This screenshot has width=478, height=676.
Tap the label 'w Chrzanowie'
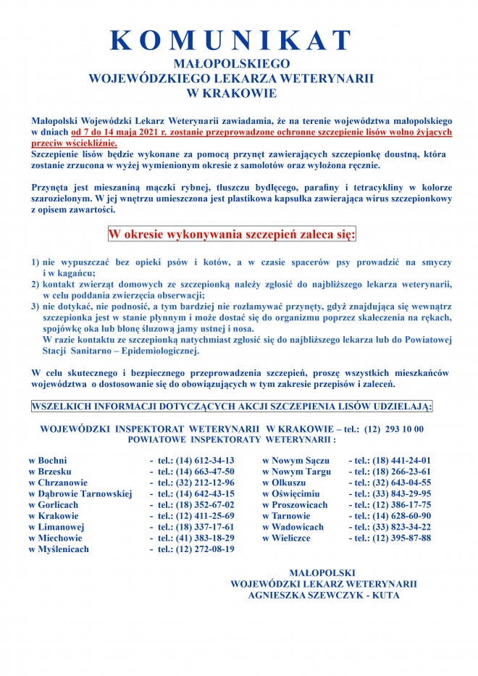[x=58, y=483]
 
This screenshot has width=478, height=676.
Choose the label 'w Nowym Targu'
[x=297, y=471]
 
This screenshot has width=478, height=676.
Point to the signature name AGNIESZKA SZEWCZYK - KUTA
[x=323, y=595]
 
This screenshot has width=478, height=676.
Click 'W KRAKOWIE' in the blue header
[x=231, y=93]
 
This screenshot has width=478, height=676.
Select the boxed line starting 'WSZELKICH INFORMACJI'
[x=232, y=407]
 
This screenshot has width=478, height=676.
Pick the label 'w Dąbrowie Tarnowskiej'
[x=80, y=493]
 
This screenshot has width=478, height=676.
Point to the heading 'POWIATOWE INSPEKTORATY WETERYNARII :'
[x=232, y=439]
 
